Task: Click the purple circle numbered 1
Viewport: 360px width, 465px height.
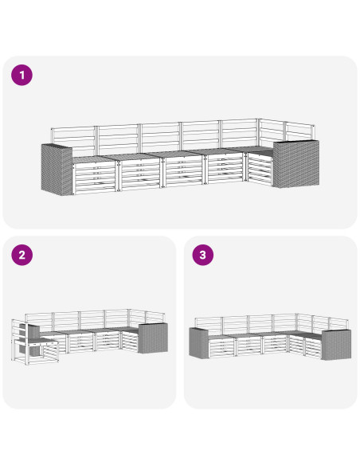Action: click(x=22, y=75)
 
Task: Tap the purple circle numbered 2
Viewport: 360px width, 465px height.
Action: click(x=22, y=255)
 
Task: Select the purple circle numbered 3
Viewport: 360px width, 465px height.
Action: click(x=203, y=255)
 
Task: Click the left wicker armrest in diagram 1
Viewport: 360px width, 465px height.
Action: click(x=57, y=169)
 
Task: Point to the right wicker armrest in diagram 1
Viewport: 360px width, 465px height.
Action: click(x=296, y=163)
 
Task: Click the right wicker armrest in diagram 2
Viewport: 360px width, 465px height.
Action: click(x=153, y=338)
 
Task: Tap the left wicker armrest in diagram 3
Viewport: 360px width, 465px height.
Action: click(x=199, y=343)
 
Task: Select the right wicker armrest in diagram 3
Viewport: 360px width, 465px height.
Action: click(x=336, y=345)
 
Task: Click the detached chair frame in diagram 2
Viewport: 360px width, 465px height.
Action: click(x=34, y=342)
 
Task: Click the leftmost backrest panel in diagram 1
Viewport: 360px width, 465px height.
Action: click(x=73, y=141)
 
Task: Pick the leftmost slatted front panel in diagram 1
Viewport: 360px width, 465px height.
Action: click(x=95, y=178)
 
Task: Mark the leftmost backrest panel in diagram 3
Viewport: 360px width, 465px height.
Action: click(x=209, y=326)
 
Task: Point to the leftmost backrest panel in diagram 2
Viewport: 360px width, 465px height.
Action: click(x=39, y=322)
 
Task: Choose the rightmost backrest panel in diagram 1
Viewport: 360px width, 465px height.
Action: click(x=299, y=131)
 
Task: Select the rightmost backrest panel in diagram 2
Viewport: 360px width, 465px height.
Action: click(x=155, y=318)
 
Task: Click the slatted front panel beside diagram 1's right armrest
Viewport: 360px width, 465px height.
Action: click(x=260, y=170)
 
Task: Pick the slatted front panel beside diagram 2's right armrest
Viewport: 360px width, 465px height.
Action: click(x=130, y=342)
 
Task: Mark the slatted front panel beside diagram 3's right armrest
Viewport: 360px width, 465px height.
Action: click(x=313, y=348)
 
